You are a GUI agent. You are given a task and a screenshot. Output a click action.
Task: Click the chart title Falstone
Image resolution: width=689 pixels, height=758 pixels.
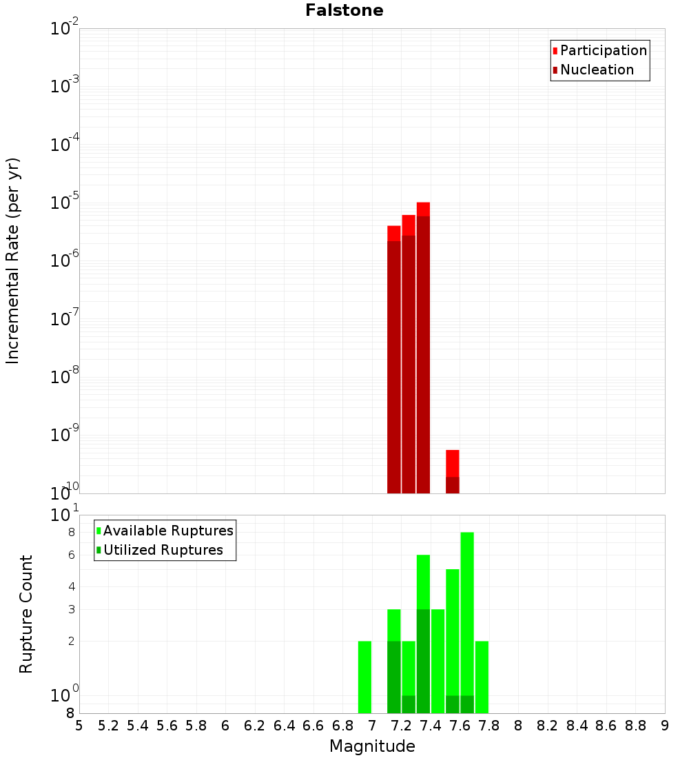tap(344, 10)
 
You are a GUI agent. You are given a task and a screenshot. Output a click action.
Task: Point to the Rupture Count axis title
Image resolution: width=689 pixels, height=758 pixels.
tap(26, 614)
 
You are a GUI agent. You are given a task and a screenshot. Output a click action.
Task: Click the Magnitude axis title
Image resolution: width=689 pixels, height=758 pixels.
tap(372, 746)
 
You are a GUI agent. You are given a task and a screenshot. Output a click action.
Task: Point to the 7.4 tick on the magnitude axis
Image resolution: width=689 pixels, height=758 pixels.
tap(431, 725)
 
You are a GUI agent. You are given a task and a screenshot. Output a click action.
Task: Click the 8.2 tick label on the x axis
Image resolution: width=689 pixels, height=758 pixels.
tap(548, 725)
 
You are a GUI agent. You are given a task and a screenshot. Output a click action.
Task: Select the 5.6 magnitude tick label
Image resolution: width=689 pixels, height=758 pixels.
tap(167, 725)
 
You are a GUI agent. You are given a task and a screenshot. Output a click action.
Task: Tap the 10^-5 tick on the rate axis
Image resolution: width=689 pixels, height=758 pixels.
tap(65, 203)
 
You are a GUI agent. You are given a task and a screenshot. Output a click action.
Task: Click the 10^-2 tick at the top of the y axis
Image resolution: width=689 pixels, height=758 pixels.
tap(65, 29)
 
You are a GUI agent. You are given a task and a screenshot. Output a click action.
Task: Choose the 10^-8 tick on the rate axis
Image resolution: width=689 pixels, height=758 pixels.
tap(65, 377)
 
